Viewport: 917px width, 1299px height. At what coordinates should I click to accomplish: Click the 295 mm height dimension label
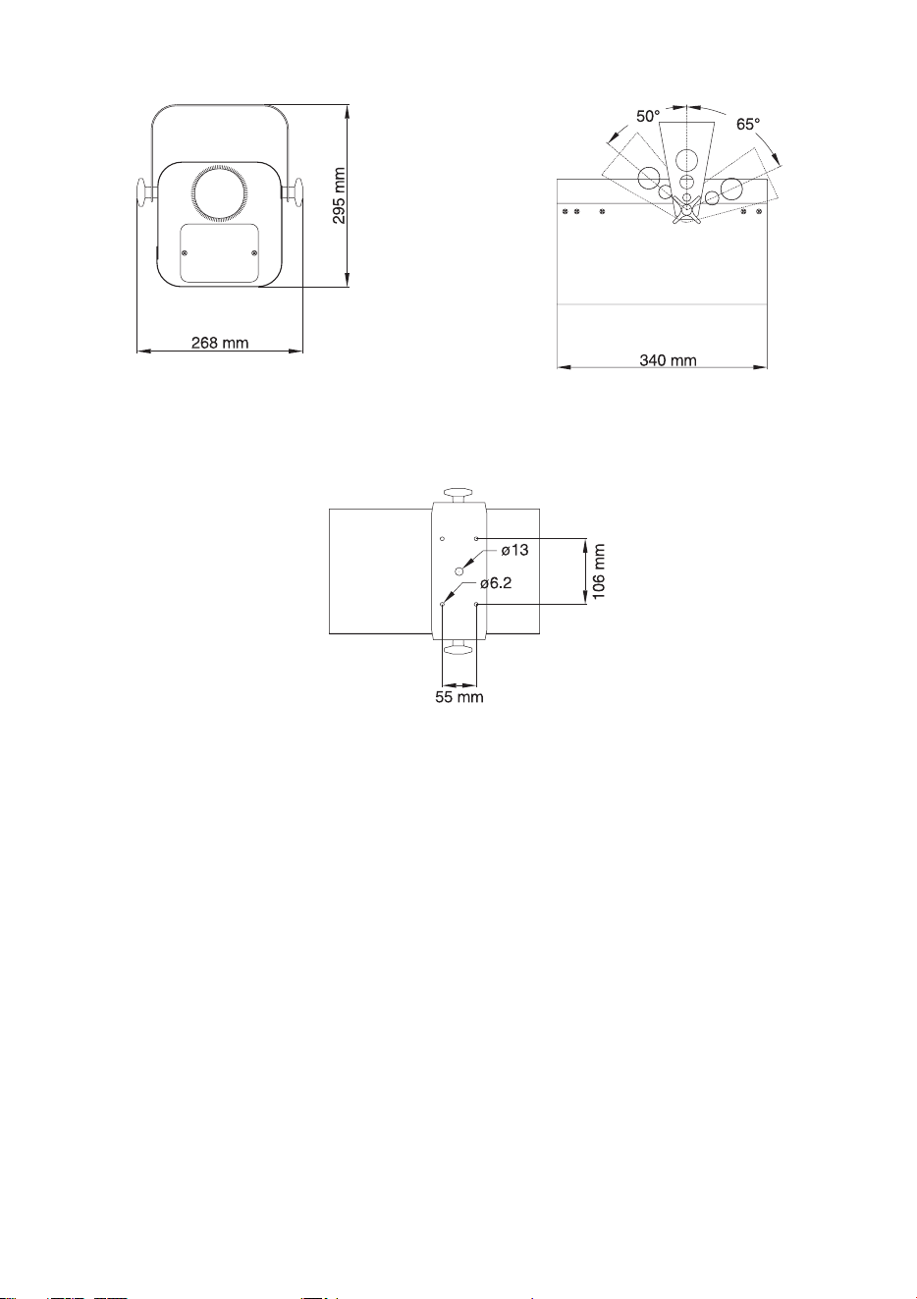tap(340, 196)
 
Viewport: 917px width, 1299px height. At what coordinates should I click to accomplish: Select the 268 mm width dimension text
tap(220, 343)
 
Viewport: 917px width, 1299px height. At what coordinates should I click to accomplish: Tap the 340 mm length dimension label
tap(668, 360)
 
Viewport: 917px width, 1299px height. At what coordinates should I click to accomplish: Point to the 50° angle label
tap(648, 116)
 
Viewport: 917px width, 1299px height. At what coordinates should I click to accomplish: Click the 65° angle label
tap(748, 124)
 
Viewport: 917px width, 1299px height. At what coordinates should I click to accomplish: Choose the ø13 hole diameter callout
tap(514, 550)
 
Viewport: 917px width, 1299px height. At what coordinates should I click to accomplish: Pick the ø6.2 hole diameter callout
tap(496, 583)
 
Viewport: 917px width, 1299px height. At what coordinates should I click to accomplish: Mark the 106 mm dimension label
tap(599, 571)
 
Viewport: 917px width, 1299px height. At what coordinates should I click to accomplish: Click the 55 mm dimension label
tap(459, 696)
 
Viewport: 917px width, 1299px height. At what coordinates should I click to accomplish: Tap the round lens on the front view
tap(221, 194)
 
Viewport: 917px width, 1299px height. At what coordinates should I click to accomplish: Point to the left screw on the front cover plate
tap(185, 253)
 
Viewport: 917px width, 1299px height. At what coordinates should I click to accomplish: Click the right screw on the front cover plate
tap(254, 253)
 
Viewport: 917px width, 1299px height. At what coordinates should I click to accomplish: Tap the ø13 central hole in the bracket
tap(459, 570)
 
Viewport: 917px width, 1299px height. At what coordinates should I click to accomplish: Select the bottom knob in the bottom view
tap(459, 647)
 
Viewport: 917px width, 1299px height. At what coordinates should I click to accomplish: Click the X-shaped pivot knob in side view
tap(686, 209)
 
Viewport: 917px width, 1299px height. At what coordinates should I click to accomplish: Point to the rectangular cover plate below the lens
tap(220, 253)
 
